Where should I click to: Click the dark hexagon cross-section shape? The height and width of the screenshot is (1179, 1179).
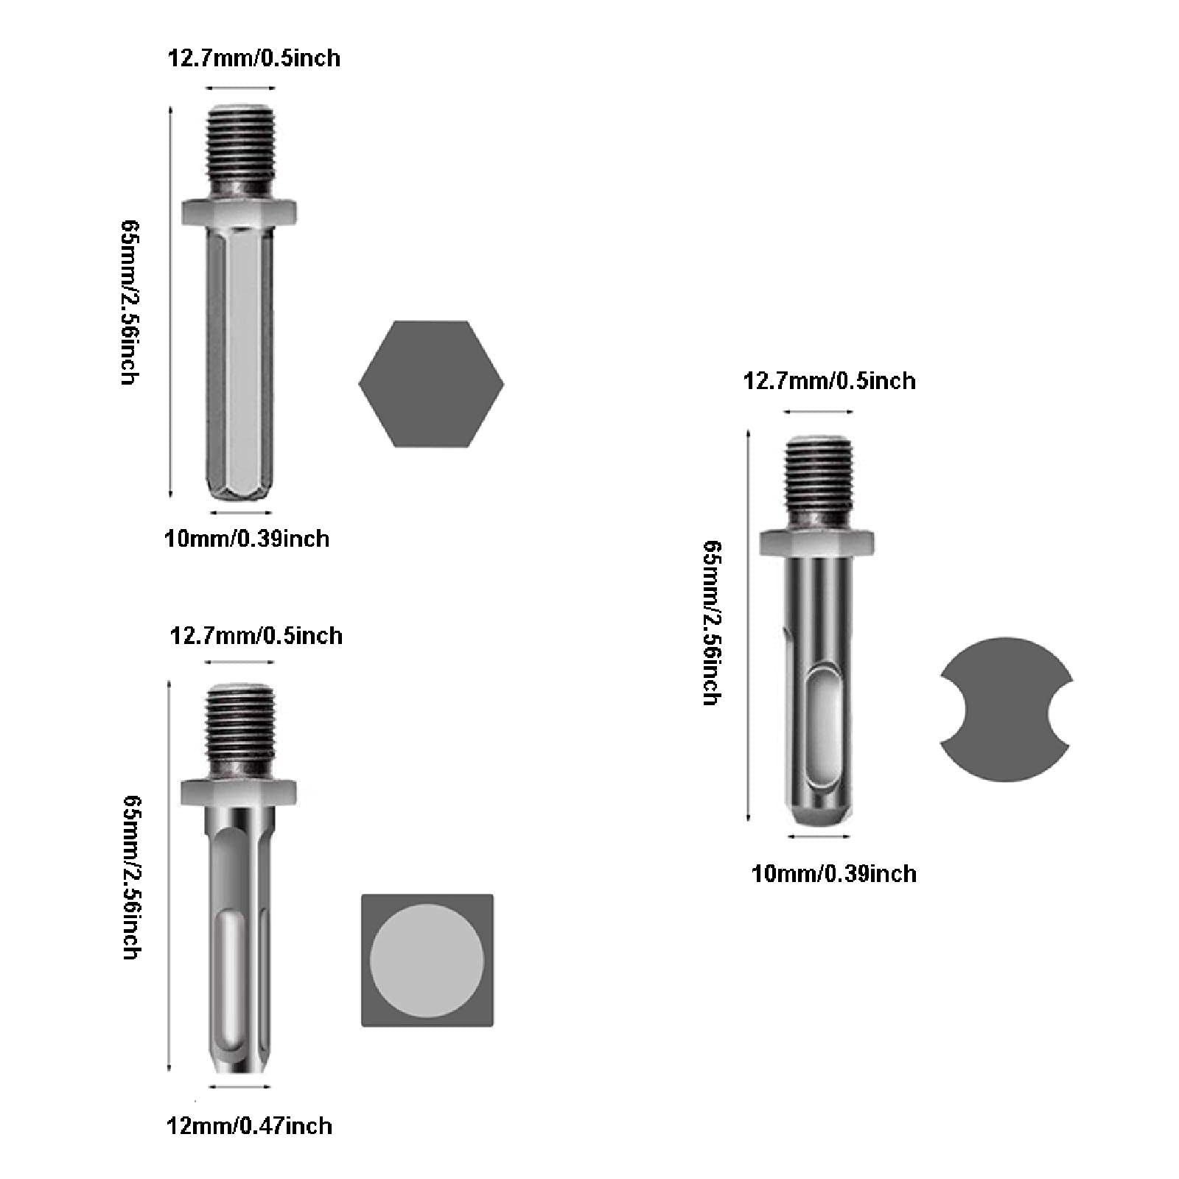pos(431,384)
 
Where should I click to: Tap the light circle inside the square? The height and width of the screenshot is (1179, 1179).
pos(427,960)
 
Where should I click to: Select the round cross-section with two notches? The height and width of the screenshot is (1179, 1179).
pos(1006,709)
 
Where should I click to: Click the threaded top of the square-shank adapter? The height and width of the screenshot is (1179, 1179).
pos(239,731)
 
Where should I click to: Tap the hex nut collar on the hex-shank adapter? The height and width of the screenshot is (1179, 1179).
pos(239,211)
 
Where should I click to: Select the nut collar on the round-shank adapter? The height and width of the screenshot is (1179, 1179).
pos(817,542)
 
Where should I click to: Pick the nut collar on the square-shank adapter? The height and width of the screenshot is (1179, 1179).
pos(239,791)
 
